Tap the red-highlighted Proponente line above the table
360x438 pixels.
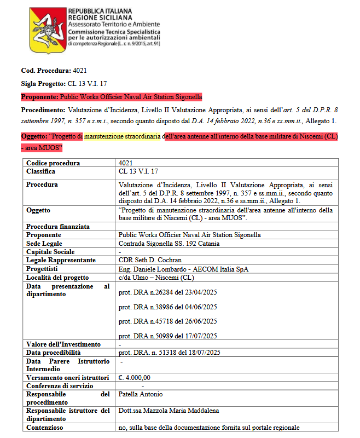[x=112, y=97]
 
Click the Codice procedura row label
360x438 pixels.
[x=53, y=163]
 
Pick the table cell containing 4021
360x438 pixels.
[x=126, y=163]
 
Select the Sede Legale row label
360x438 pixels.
[x=44, y=243]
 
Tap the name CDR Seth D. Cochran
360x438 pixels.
[x=150, y=260]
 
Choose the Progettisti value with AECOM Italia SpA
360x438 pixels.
[x=183, y=269]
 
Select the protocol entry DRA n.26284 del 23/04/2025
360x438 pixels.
[x=167, y=292]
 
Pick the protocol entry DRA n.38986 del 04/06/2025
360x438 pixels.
[x=167, y=307]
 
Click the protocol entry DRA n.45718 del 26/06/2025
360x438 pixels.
[x=167, y=321]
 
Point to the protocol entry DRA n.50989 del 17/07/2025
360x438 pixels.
[x=167, y=336]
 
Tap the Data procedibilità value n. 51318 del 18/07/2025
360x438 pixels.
[x=169, y=353]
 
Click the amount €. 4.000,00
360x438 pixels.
[x=135, y=377]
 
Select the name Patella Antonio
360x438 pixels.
[x=141, y=394]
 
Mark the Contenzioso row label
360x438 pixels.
[x=44, y=428]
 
